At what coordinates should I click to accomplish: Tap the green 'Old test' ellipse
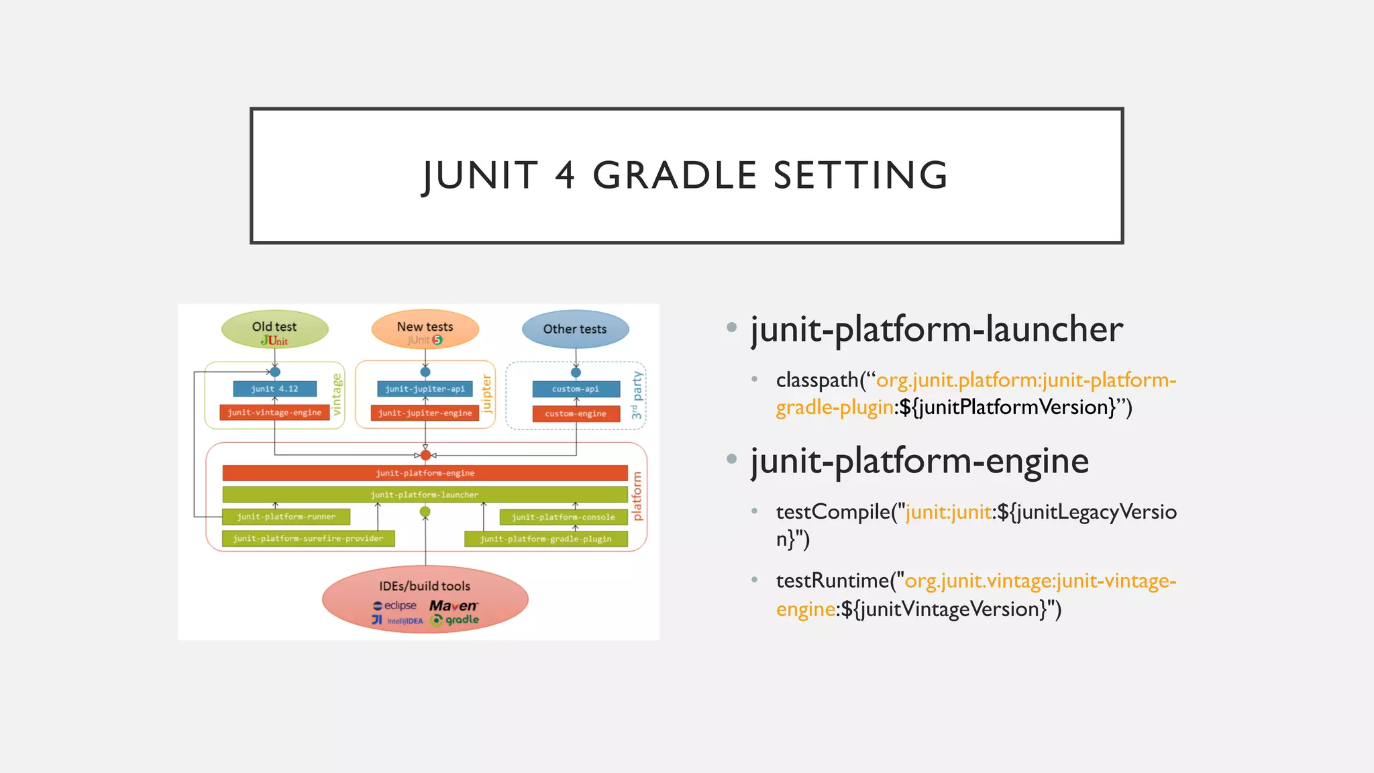274,329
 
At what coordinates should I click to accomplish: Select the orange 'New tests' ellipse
425,329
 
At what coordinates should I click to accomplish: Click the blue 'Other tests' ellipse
575,329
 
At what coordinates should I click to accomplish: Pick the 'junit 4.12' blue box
274,389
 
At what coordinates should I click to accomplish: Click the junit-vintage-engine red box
274,413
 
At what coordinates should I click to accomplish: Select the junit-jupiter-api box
425,389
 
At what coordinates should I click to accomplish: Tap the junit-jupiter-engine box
425,413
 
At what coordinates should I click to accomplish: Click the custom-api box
576,389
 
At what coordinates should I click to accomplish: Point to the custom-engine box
576,414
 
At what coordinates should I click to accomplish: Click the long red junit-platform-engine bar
425,473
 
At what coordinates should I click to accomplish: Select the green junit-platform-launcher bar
425,495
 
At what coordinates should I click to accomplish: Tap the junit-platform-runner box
286,517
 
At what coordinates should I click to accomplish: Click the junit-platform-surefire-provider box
308,539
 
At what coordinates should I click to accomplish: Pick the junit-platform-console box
564,517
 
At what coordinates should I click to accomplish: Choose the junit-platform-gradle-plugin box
545,539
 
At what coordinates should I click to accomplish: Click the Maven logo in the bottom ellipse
453,606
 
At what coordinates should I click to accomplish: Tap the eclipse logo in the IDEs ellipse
395,606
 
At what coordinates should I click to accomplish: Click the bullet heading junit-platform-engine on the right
919,462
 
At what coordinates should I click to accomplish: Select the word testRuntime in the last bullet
832,581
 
